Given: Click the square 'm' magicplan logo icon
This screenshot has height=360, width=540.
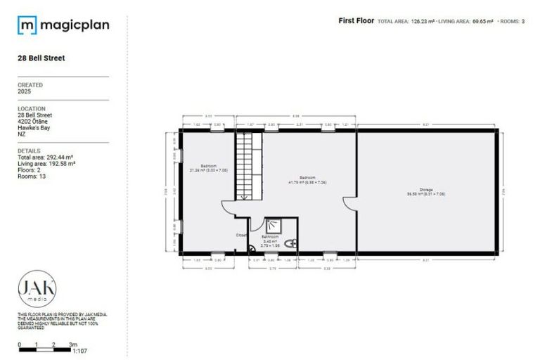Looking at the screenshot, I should (x=27, y=26).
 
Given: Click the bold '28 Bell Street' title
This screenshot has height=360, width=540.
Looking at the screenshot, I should (x=41, y=58).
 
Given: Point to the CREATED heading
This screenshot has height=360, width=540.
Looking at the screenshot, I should (x=30, y=85).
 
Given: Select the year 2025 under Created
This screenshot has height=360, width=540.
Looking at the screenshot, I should (x=25, y=91).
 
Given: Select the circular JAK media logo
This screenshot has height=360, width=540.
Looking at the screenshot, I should (x=37, y=289).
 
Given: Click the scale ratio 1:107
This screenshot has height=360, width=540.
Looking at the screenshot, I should (x=81, y=351).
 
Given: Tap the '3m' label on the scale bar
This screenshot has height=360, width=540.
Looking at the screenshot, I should (x=72, y=345).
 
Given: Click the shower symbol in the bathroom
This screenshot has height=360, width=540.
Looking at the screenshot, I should (x=273, y=226).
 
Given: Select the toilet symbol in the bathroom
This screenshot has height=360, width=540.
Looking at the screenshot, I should (x=292, y=243).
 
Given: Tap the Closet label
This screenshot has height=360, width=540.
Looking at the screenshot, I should (x=241, y=236).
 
